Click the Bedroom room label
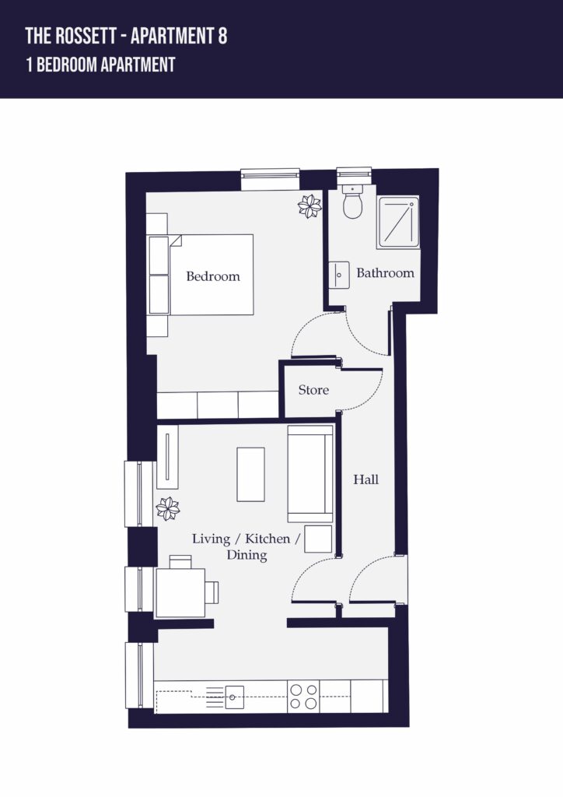click(213, 276)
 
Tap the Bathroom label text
click(386, 273)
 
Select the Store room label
click(313, 390)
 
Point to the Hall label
click(366, 479)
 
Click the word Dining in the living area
click(247, 555)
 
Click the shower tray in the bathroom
click(398, 223)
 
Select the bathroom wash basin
click(338, 275)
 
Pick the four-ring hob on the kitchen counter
click(303, 697)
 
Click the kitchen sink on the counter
click(234, 697)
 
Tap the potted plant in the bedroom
click(309, 206)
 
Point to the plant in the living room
click(167, 509)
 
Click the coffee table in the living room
click(251, 474)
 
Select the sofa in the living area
click(310, 474)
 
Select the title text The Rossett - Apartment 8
click(127, 36)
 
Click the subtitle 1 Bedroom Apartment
click(100, 65)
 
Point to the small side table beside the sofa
click(318, 539)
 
